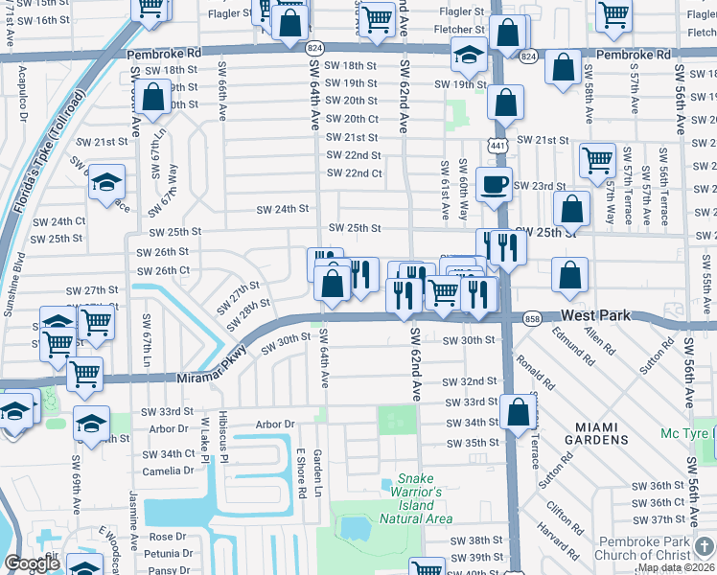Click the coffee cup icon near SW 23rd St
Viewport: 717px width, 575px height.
[x=494, y=185]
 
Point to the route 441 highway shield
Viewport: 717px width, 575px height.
[x=496, y=145]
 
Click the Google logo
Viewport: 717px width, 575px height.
[x=32, y=563]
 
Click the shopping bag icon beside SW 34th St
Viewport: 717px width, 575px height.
[x=518, y=412]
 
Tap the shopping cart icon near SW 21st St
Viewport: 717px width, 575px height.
[x=597, y=159]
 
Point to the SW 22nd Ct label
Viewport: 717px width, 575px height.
[x=354, y=173]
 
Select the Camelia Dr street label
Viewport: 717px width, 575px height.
[x=170, y=471]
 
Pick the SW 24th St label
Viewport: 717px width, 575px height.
[x=282, y=208]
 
